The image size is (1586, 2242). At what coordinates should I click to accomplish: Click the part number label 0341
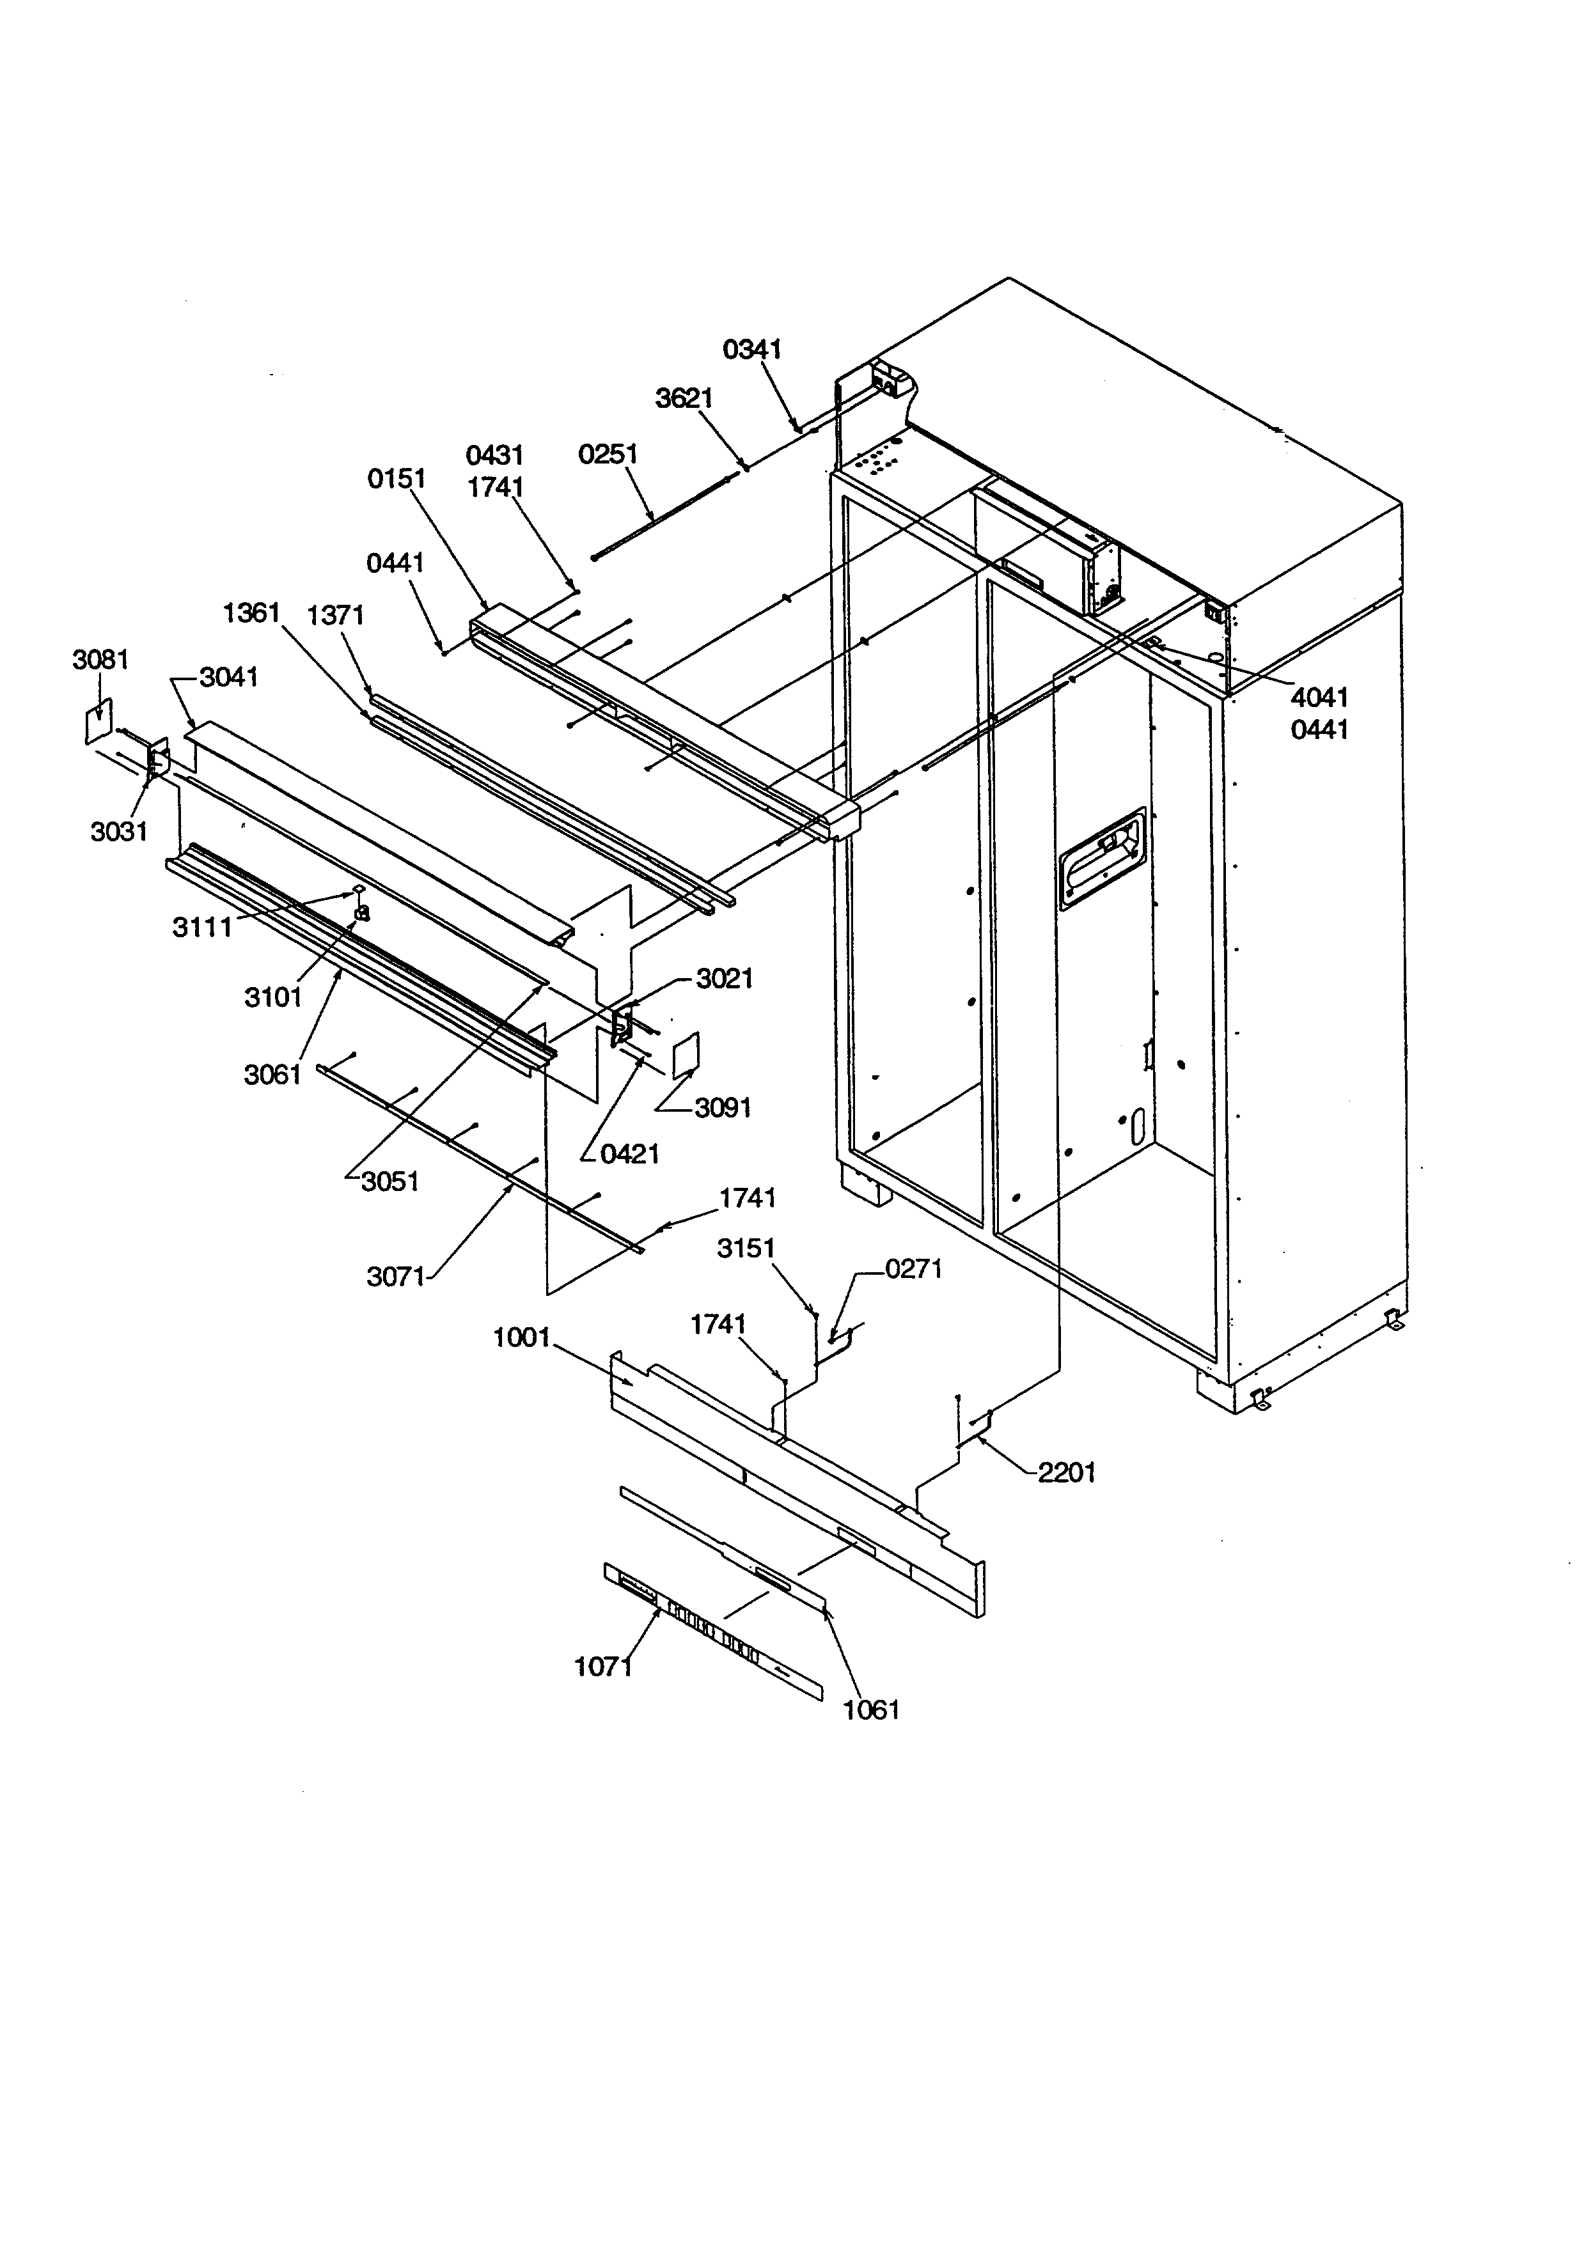752,350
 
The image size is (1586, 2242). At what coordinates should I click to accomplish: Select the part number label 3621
684,398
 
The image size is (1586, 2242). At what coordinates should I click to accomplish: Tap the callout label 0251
608,455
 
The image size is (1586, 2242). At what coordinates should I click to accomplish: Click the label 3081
100,660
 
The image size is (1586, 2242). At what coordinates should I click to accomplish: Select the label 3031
119,832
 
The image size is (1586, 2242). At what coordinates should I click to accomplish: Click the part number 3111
202,927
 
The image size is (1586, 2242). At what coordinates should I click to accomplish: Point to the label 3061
272,1075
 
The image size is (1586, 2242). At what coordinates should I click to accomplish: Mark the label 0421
630,1154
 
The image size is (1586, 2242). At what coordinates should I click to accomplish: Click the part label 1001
522,1338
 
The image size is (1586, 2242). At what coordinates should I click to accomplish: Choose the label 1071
602,1667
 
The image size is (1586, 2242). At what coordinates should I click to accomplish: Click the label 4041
1319,697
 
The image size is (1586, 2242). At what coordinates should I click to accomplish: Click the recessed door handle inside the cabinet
1102,859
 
